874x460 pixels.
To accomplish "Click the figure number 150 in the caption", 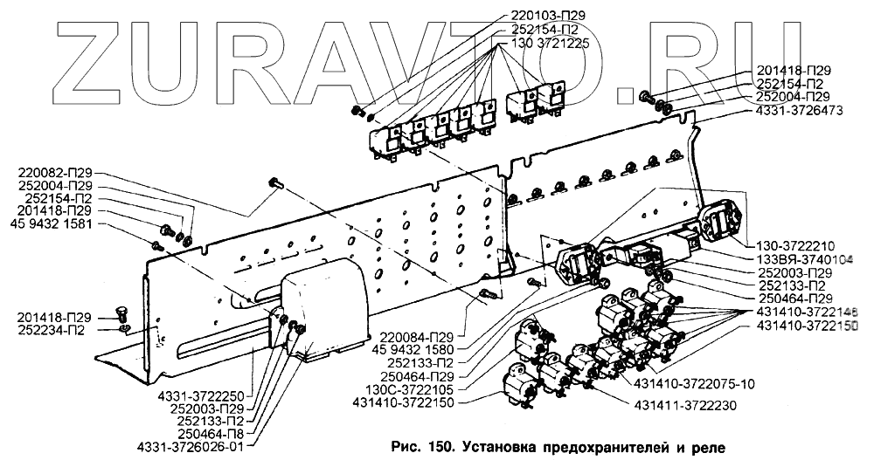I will click(436, 447).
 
